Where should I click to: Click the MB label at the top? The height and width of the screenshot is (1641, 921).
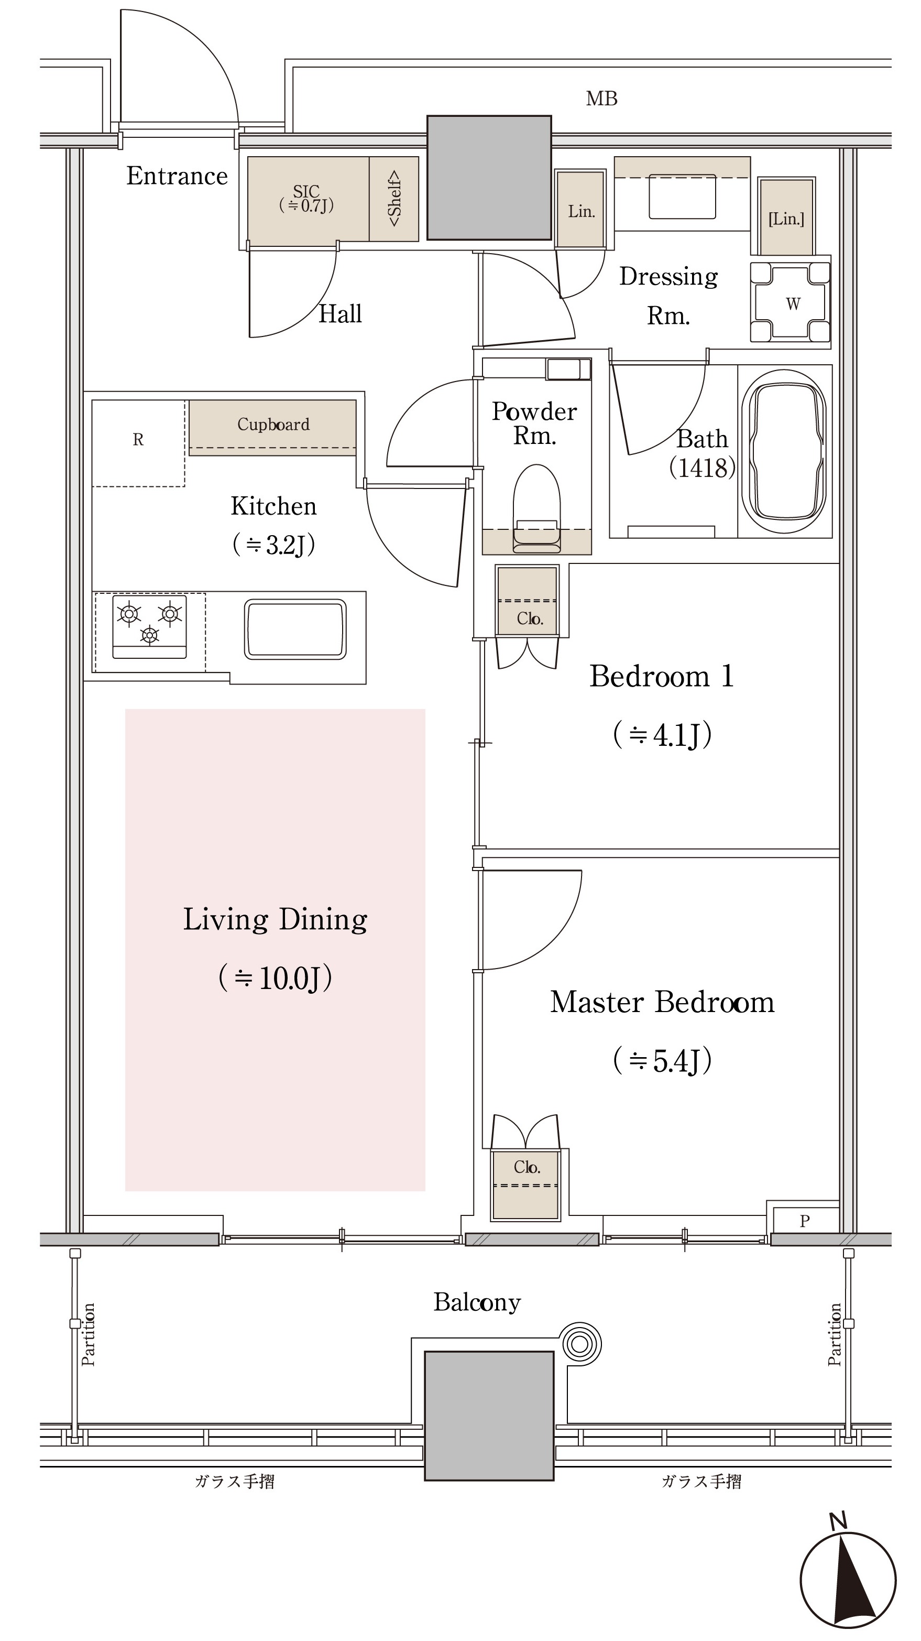(601, 99)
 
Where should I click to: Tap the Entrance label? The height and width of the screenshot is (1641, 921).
(177, 176)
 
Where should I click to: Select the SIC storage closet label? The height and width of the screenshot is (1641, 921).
(306, 198)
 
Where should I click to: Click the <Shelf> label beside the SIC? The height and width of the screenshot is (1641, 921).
(394, 198)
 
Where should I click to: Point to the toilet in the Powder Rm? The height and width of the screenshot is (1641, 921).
(537, 508)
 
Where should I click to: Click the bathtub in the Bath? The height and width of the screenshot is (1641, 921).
(787, 452)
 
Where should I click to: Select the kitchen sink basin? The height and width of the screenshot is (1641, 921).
(295, 629)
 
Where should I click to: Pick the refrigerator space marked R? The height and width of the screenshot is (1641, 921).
(139, 443)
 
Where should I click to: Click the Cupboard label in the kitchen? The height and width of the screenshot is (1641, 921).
(273, 424)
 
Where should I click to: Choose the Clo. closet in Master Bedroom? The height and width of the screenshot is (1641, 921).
(526, 1184)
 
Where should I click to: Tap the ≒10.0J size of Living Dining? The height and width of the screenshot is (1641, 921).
(275, 978)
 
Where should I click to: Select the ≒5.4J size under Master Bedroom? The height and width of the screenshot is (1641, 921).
(662, 1060)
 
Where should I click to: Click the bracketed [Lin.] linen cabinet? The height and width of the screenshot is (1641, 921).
(786, 217)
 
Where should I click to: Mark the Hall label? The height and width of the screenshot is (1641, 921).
(340, 314)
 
